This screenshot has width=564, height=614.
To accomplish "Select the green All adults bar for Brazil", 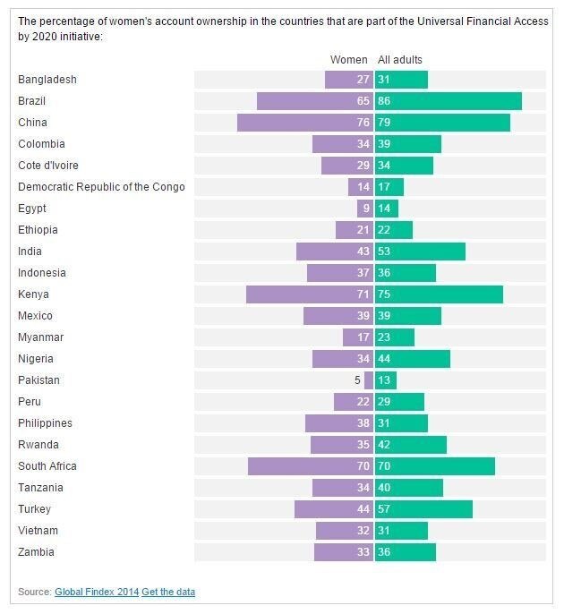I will pos(448,101).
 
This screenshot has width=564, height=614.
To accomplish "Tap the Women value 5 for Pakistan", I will pos(358,380).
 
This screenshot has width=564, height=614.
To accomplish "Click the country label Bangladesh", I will pos(47,80).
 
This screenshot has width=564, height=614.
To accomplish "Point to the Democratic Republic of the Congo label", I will pos(101,187).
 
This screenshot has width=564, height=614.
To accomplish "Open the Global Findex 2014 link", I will pos(97,592).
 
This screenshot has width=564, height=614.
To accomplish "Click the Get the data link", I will pos(168,592).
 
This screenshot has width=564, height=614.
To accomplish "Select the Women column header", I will pos(349,60).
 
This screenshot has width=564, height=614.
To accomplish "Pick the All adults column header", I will pos(400,60).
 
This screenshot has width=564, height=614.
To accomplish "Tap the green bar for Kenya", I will pos(439,294).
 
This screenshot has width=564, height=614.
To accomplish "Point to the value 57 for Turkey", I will pos(385,509).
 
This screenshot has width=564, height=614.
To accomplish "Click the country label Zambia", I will pos(36,552).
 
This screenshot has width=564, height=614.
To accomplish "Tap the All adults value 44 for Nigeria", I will pos(385,359).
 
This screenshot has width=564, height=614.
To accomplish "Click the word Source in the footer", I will pos(34,592).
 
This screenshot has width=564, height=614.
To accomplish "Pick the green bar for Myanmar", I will pos(395,337).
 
